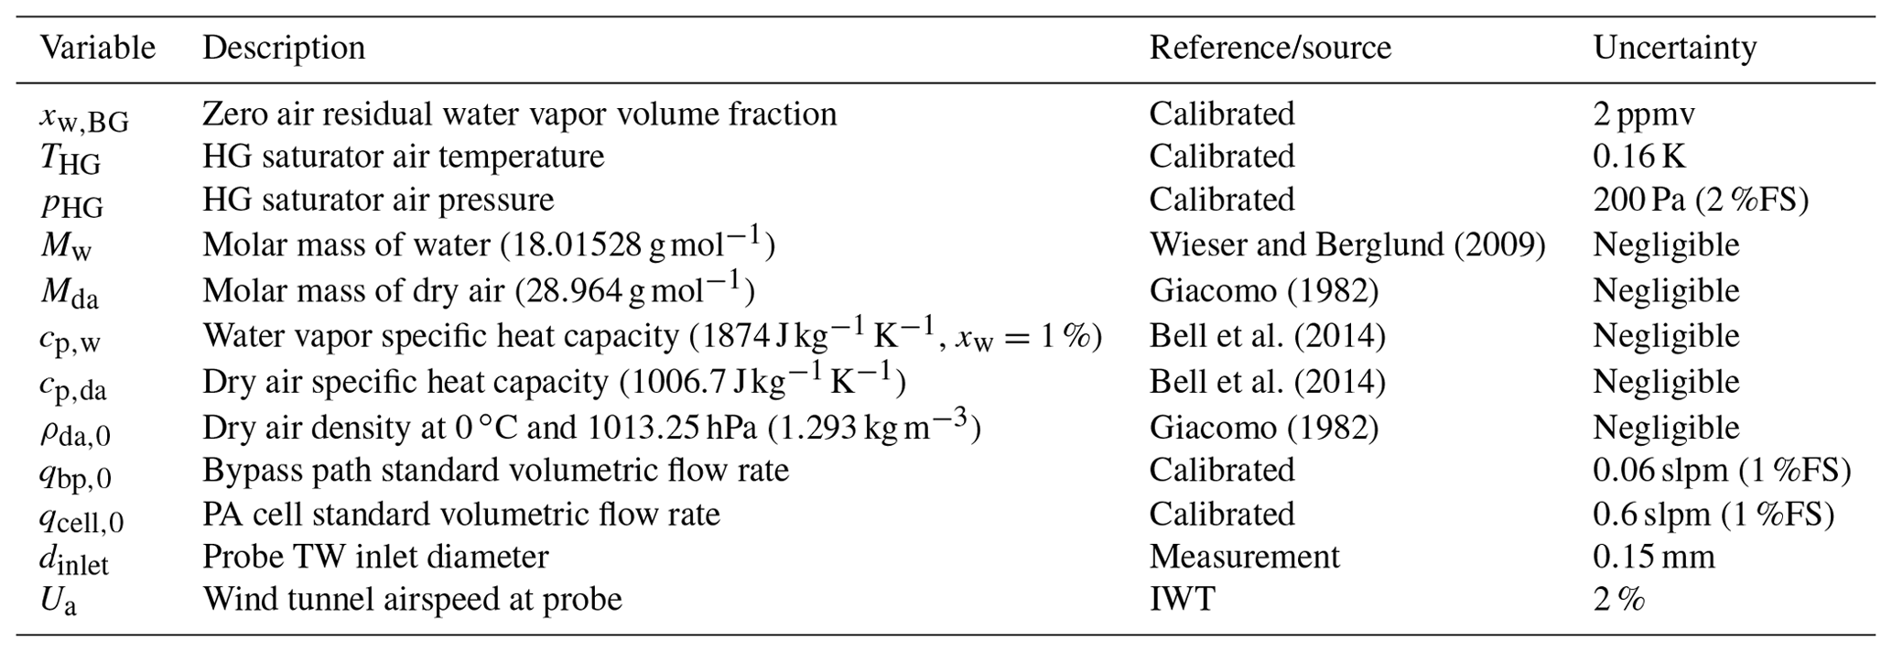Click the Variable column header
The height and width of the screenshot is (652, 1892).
coord(98,48)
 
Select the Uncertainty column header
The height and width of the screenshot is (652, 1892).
coord(1674,48)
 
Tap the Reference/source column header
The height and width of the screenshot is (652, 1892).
coord(1270,48)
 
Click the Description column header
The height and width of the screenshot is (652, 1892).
coord(284,48)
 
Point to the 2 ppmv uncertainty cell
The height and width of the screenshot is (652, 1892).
coord(1643,114)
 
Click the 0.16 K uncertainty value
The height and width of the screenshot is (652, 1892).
coord(1638,157)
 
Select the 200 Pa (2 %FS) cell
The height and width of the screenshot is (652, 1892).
coord(1700,200)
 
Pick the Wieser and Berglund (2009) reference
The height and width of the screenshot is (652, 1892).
coord(1347,244)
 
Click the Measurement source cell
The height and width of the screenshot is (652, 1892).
coord(1244,556)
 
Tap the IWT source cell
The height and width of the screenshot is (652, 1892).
coord(1182,599)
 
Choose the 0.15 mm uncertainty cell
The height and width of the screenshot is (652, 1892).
coord(1653,556)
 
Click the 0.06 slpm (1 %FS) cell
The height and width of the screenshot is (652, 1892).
coord(1721,470)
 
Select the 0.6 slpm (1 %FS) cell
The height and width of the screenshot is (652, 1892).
coord(1713,514)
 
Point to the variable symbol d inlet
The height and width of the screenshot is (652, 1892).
coord(73,560)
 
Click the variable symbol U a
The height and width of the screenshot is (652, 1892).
coord(58,601)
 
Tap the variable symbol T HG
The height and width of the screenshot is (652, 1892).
coord(70,159)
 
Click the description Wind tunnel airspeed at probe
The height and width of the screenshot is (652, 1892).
coord(412,599)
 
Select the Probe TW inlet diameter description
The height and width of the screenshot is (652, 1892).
coord(375,556)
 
